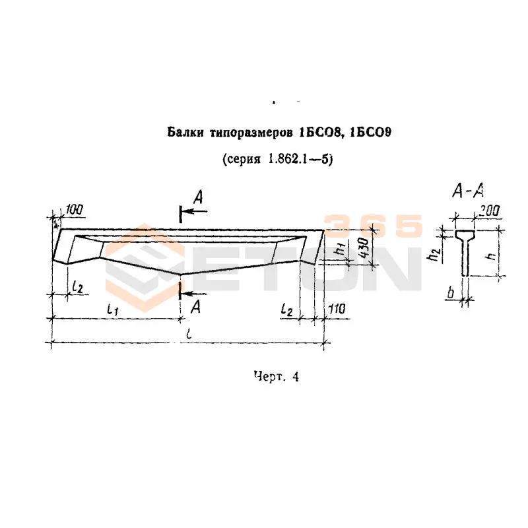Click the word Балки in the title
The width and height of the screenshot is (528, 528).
185,133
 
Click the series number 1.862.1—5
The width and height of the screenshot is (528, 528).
298,159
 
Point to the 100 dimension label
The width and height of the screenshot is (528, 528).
74,210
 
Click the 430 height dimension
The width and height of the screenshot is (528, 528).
364,247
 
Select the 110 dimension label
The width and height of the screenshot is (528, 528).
337,308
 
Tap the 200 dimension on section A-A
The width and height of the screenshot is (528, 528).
489,211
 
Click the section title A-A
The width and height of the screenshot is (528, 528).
468,190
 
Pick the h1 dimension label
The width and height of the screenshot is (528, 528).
340,249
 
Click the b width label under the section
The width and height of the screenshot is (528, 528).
451,292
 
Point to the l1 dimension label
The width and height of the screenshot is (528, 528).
112,309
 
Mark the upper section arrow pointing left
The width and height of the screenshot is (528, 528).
196,212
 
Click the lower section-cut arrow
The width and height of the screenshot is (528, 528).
194,294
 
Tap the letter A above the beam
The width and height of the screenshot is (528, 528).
198,197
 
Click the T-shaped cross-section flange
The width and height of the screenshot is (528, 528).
465,234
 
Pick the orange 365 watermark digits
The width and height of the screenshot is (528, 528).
372,225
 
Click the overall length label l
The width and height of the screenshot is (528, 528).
189,333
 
